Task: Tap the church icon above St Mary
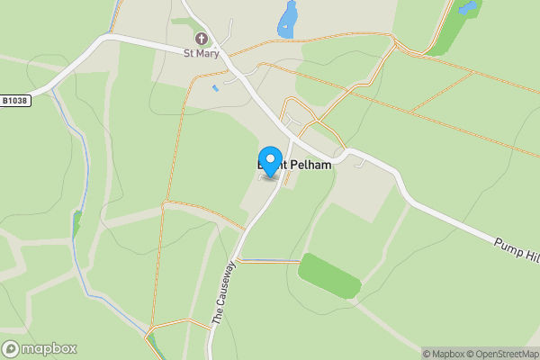pyautogui.click(x=201, y=39)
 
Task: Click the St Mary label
pyautogui.click(x=200, y=53)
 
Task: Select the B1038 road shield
pyautogui.click(x=15, y=101)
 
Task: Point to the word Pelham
pyautogui.click(x=312, y=166)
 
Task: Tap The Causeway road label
pyautogui.click(x=223, y=292)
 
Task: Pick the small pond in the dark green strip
pyautogui.click(x=467, y=8)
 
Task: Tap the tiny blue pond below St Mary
pyautogui.click(x=214, y=88)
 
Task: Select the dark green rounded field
pyautogui.click(x=330, y=274)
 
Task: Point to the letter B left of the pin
pyautogui.click(x=261, y=166)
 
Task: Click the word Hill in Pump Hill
pyautogui.click(x=527, y=253)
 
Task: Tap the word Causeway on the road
pyautogui.click(x=225, y=285)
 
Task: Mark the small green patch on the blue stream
pyautogui.click(x=76, y=222)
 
